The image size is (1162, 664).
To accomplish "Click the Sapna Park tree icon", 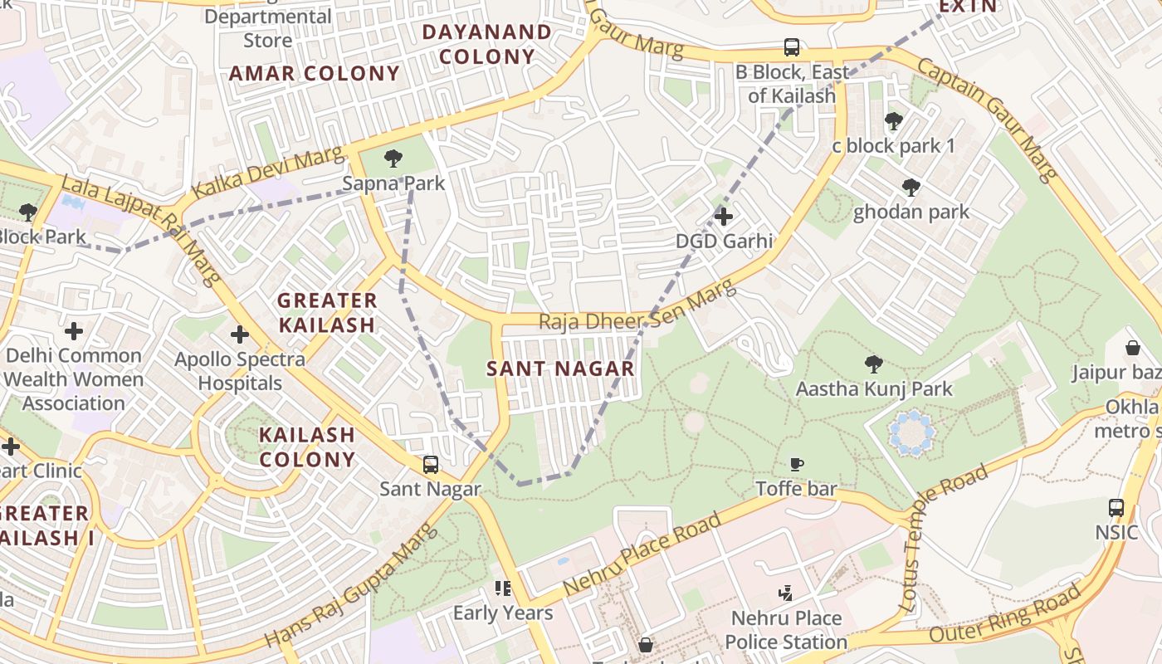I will (393, 159).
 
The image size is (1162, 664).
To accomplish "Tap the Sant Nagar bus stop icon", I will (430, 465).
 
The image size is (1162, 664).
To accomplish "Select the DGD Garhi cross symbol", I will (724, 217).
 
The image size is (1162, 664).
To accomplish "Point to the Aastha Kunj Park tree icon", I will (873, 364).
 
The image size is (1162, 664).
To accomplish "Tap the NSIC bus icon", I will (1116, 507).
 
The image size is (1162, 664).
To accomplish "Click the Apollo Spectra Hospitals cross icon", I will (240, 334).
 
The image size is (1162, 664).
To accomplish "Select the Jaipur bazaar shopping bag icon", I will (1133, 348).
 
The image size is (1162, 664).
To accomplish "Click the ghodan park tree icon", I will (911, 188).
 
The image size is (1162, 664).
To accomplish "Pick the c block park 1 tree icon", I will (893, 121).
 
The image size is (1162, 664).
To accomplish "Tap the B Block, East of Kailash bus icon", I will (792, 47).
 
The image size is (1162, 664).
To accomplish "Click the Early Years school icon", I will (503, 588).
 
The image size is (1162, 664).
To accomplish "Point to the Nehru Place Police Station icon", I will (785, 593).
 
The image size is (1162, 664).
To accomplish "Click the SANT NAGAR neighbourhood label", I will (560, 369).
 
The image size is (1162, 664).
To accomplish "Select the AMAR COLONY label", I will (315, 73).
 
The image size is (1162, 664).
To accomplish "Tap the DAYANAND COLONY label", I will (486, 44).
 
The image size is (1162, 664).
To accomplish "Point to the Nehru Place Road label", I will (642, 554).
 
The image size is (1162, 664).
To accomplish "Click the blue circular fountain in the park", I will (912, 432).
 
